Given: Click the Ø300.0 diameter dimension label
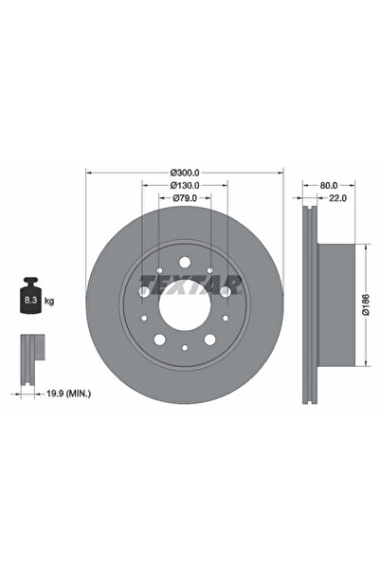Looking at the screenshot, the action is [185, 173].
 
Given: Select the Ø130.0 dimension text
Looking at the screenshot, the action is [185, 185].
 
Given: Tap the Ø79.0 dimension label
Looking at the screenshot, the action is [185, 198].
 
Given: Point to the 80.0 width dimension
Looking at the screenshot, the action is [329, 185].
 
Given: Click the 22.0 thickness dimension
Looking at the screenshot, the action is [337, 198].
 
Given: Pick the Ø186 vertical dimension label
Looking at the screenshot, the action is [366, 304].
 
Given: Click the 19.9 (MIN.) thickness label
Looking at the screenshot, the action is [68, 393].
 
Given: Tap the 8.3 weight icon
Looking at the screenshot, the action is [30, 295].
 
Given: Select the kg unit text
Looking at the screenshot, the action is [49, 301].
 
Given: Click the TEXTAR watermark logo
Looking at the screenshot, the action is [190, 285].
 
